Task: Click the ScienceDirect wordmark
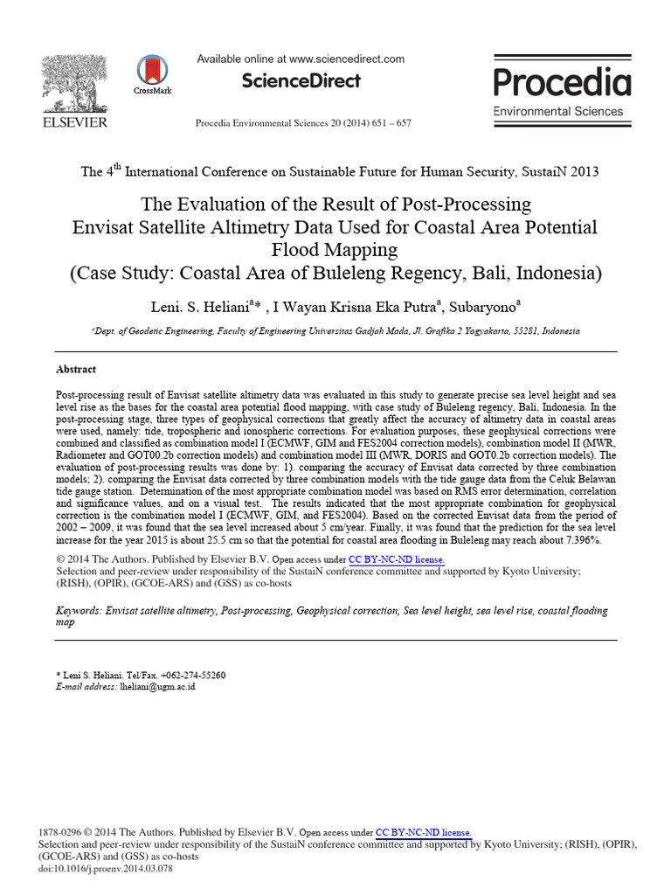click(x=300, y=81)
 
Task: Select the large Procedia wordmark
click(x=562, y=82)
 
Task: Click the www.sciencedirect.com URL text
click(x=346, y=59)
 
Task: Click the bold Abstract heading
click(x=75, y=370)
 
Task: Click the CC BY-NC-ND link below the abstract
click(x=397, y=559)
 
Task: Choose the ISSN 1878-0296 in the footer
click(x=60, y=833)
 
